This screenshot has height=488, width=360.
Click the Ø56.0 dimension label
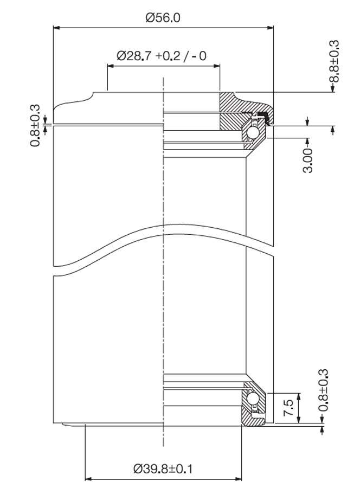[x=163, y=17]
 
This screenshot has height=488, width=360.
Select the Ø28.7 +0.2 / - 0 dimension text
[x=162, y=56]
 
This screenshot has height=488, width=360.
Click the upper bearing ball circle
[x=253, y=133]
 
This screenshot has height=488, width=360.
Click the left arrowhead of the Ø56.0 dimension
[x=56, y=27]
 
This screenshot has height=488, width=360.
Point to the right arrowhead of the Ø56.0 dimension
[x=271, y=27]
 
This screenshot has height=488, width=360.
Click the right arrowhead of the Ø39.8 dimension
[x=239, y=479]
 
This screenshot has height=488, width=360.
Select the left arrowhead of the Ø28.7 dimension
[x=110, y=65]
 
